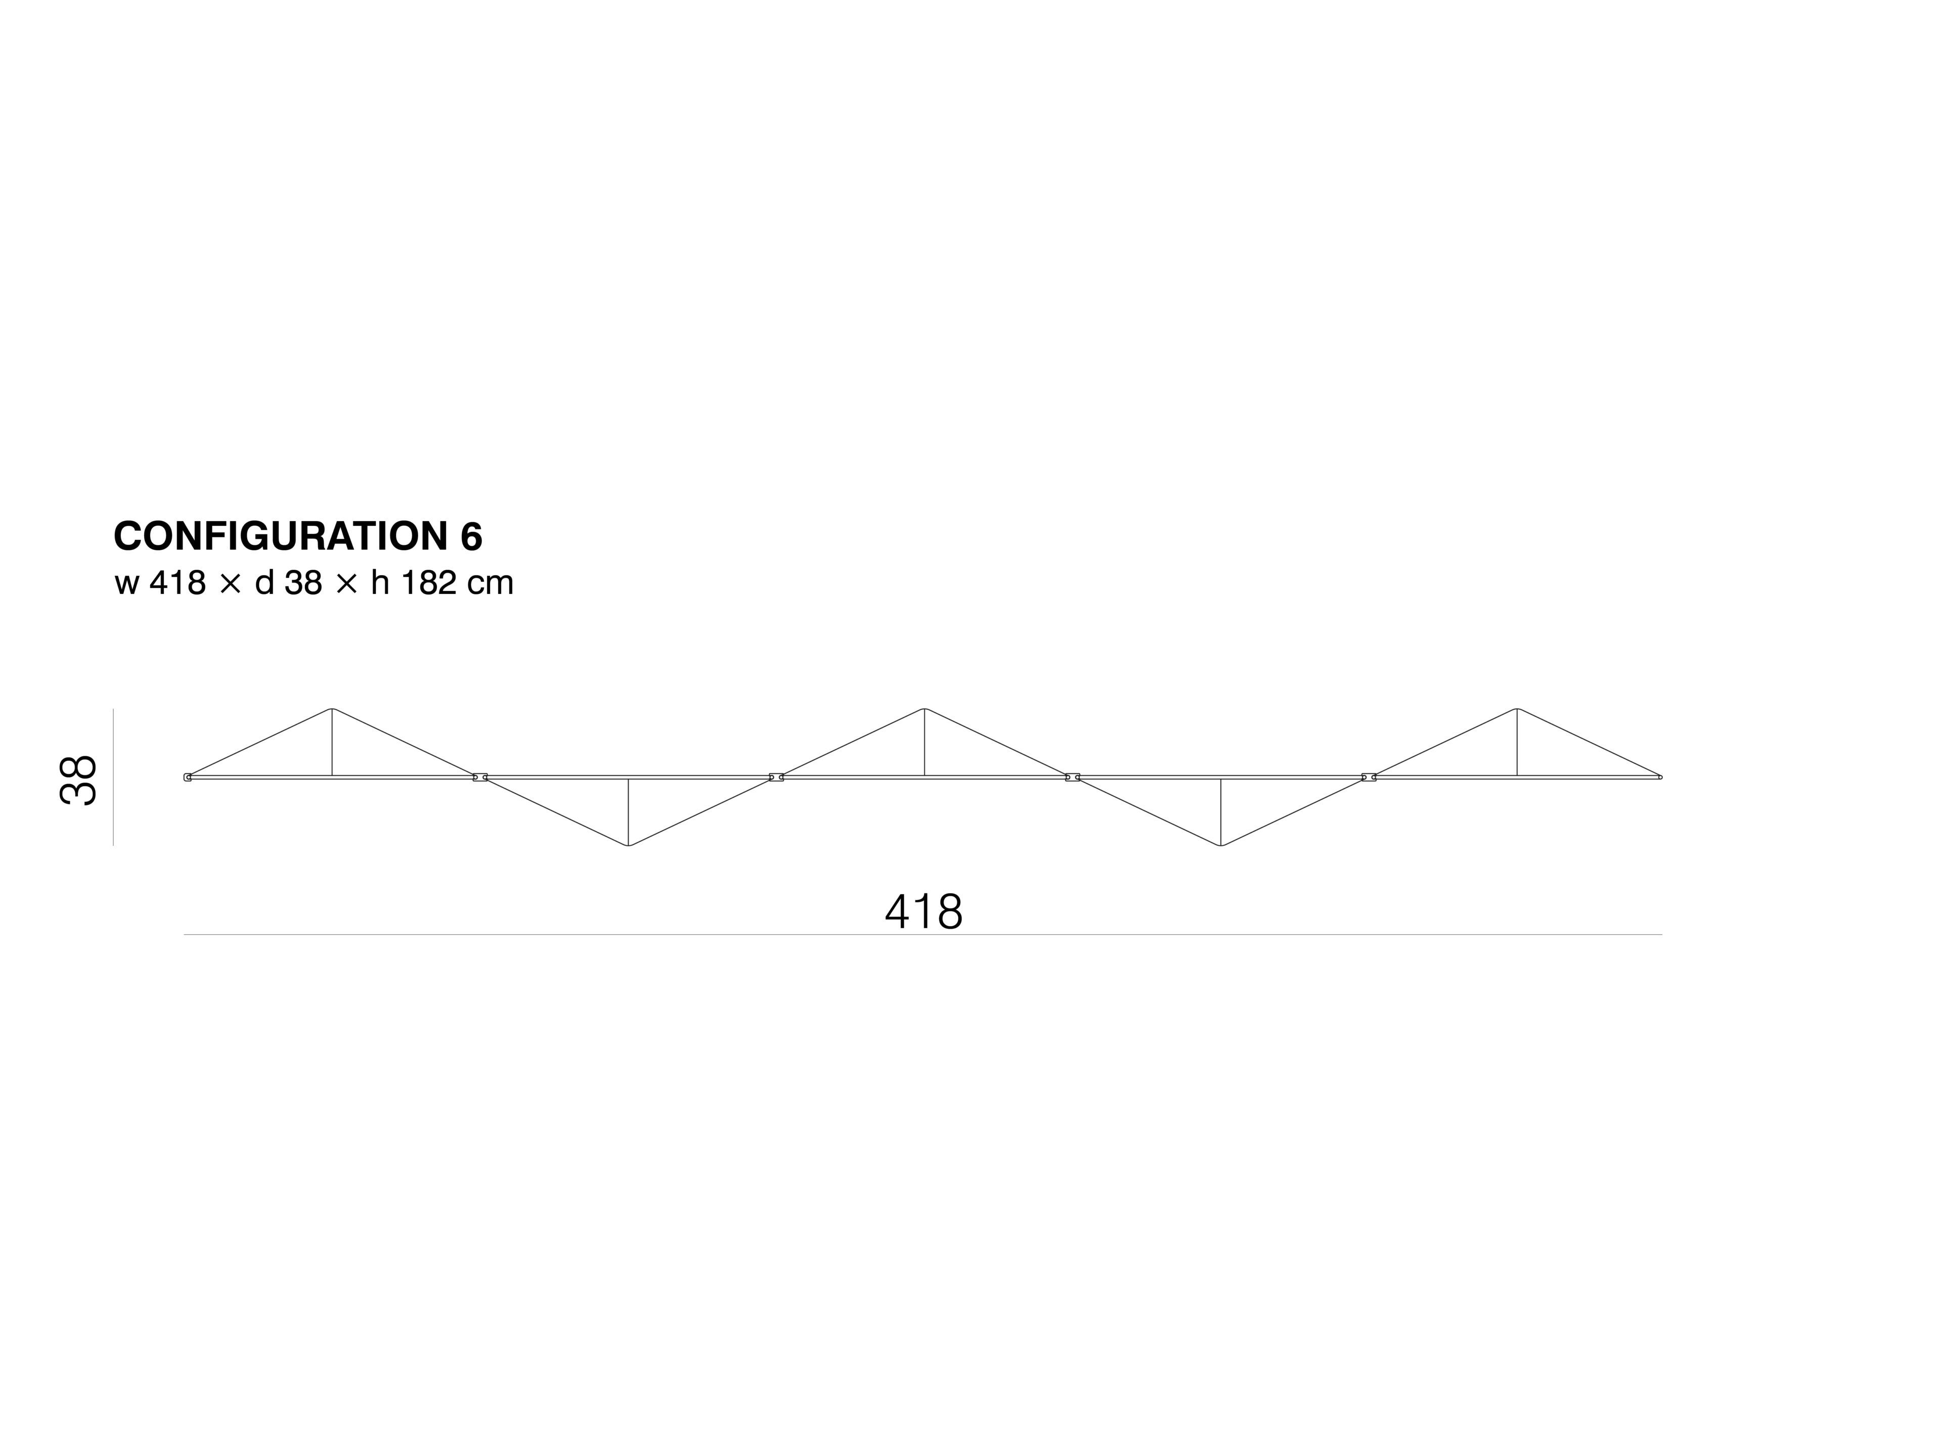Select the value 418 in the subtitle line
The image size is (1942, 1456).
[x=178, y=583]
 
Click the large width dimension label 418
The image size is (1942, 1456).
[x=923, y=912]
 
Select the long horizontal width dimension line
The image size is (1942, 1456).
[x=923, y=935]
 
